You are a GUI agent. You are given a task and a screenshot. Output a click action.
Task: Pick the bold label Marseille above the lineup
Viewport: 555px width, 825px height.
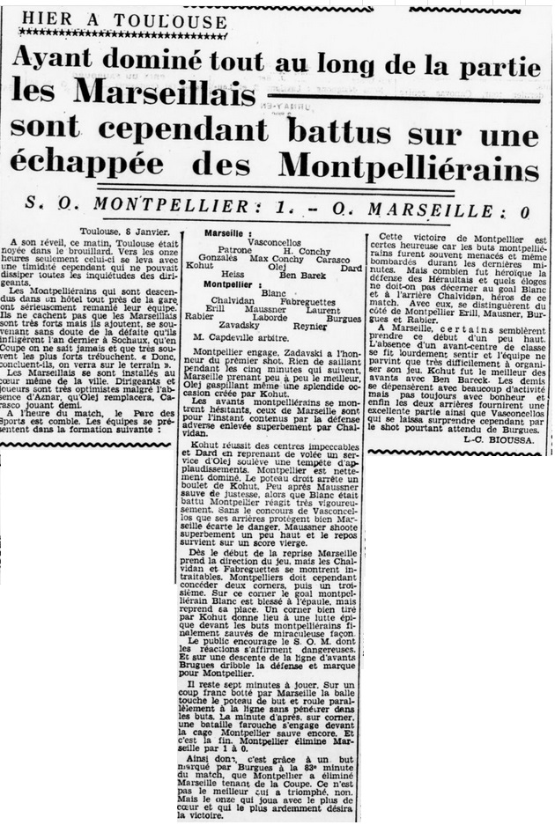pyautogui.click(x=226, y=232)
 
